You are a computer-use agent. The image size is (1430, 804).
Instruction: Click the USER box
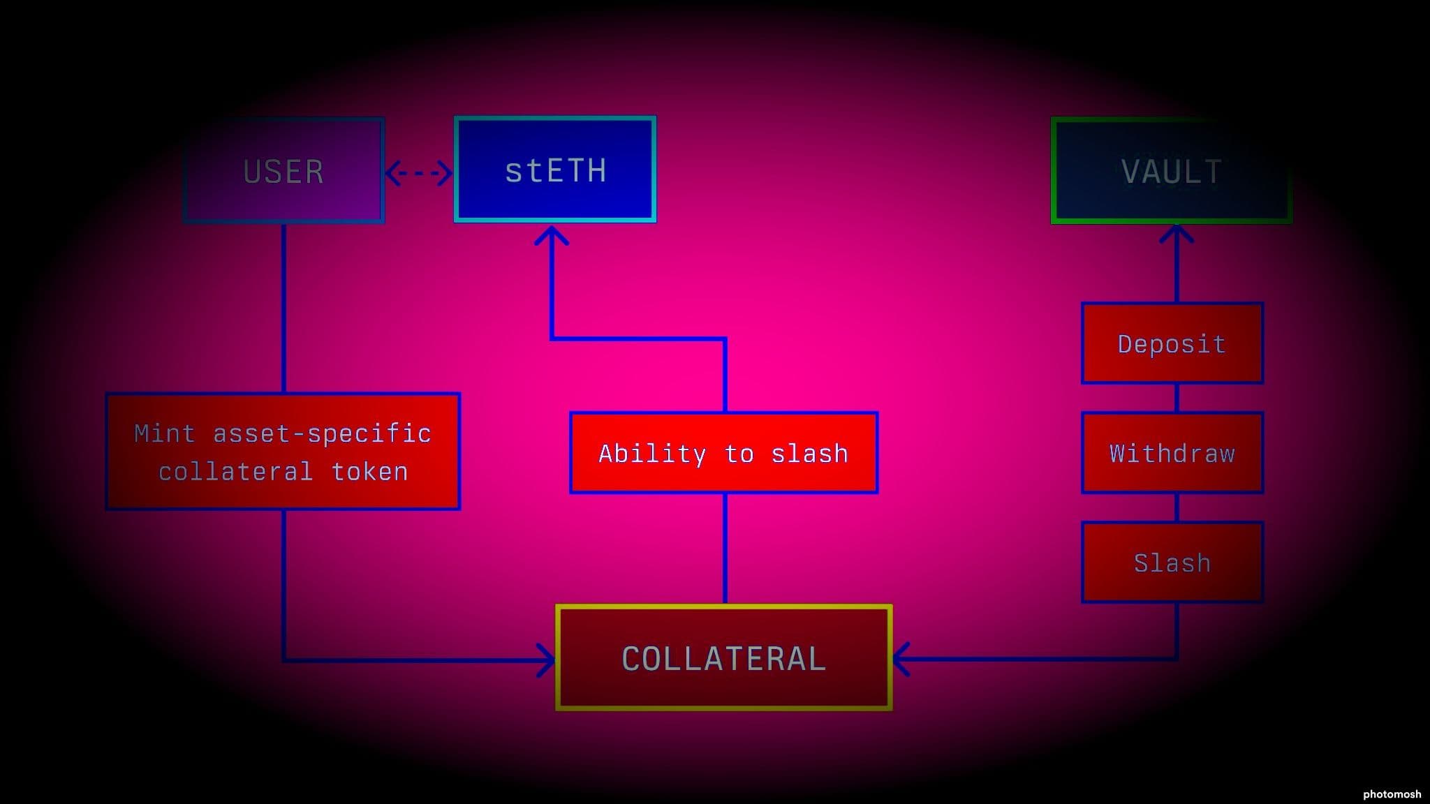(283, 171)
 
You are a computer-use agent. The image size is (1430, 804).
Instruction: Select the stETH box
(555, 170)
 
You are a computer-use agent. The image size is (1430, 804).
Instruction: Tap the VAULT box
(1171, 171)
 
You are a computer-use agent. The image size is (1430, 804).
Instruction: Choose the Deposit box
(1172, 343)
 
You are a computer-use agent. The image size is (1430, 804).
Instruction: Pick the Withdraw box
(1172, 453)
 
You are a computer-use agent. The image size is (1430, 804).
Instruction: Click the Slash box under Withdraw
(1172, 563)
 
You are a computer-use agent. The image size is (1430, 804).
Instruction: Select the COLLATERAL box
(723, 658)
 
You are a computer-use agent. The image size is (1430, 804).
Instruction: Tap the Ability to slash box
(723, 453)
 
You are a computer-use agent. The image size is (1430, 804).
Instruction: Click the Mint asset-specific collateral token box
(283, 452)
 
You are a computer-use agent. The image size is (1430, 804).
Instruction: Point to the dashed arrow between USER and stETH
(419, 173)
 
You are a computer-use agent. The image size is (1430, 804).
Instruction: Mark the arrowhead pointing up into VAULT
(1177, 233)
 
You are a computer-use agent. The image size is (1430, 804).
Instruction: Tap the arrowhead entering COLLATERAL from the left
(547, 660)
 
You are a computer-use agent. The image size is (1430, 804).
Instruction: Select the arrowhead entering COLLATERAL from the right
(901, 659)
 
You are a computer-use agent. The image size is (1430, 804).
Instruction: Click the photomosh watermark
(1392, 794)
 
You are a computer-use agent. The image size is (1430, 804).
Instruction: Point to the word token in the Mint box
(369, 472)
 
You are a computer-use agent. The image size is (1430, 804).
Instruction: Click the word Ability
(651, 454)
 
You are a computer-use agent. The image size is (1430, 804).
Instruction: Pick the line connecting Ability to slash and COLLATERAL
(725, 549)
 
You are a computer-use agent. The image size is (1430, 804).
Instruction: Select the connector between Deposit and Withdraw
(1177, 398)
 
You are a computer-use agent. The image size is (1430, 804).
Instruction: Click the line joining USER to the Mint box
(283, 308)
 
